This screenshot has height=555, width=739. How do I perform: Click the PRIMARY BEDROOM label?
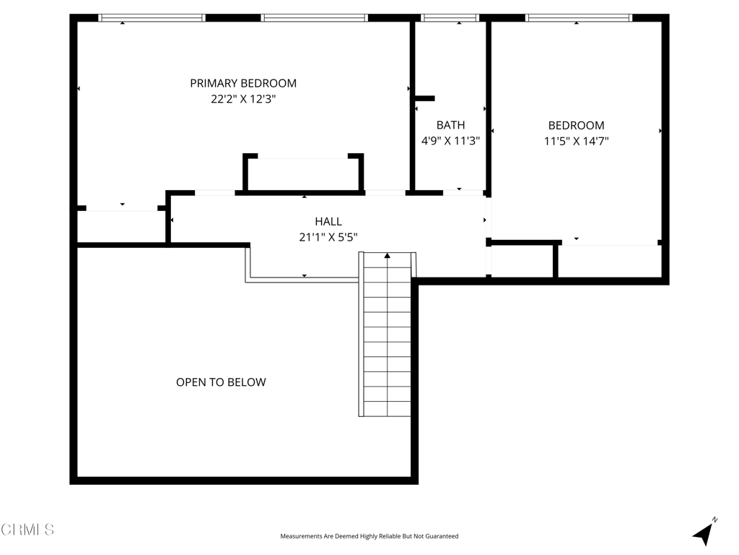coord(243,83)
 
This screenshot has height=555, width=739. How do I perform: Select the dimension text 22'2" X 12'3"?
coord(243,100)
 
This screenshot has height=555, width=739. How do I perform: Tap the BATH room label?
coord(450,125)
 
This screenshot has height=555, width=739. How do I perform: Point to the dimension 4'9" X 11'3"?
coord(450,142)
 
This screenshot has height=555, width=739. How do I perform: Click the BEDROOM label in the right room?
coord(576,125)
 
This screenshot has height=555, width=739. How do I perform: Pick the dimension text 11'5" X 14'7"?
coord(576,142)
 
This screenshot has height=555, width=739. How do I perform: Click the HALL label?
coord(328,221)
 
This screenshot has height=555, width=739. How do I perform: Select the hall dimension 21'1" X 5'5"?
coord(328,237)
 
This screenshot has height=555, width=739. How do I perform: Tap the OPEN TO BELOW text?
coord(221,382)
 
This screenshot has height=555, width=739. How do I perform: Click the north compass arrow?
coord(704,533)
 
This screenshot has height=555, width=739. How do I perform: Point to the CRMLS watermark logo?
coord(27,530)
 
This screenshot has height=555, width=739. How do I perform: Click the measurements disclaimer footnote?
coord(369,536)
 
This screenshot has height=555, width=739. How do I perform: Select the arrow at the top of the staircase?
coord(388,255)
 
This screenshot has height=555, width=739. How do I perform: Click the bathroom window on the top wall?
coord(450,18)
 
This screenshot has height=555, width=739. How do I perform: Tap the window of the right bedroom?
coord(579,18)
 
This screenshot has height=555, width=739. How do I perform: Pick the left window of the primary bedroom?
coord(152,18)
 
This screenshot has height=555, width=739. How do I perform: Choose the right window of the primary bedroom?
coord(314,18)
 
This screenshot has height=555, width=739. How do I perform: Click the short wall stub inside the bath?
coord(424,98)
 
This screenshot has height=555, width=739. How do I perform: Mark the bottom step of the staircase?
coord(388,409)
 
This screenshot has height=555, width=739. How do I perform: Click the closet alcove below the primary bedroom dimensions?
coord(303,175)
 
